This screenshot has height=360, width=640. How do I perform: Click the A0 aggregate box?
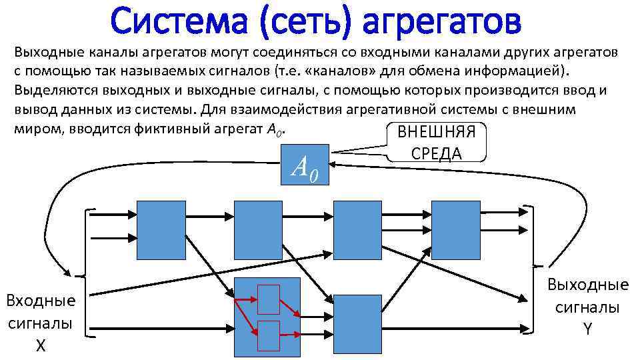[x=305, y=165]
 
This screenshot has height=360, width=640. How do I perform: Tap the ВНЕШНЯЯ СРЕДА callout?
[x=436, y=142]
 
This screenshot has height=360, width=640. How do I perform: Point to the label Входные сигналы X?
[x=40, y=323]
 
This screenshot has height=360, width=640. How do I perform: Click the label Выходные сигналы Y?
[x=587, y=306]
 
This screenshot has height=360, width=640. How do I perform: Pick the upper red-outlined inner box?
[x=269, y=299]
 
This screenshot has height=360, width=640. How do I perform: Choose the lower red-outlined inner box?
[x=269, y=335]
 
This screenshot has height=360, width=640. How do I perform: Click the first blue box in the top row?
[x=161, y=229]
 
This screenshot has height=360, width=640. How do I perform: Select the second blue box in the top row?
[x=259, y=229]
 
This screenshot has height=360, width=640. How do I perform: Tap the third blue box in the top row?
[x=357, y=229]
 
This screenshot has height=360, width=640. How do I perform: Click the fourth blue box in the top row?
[x=456, y=229]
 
